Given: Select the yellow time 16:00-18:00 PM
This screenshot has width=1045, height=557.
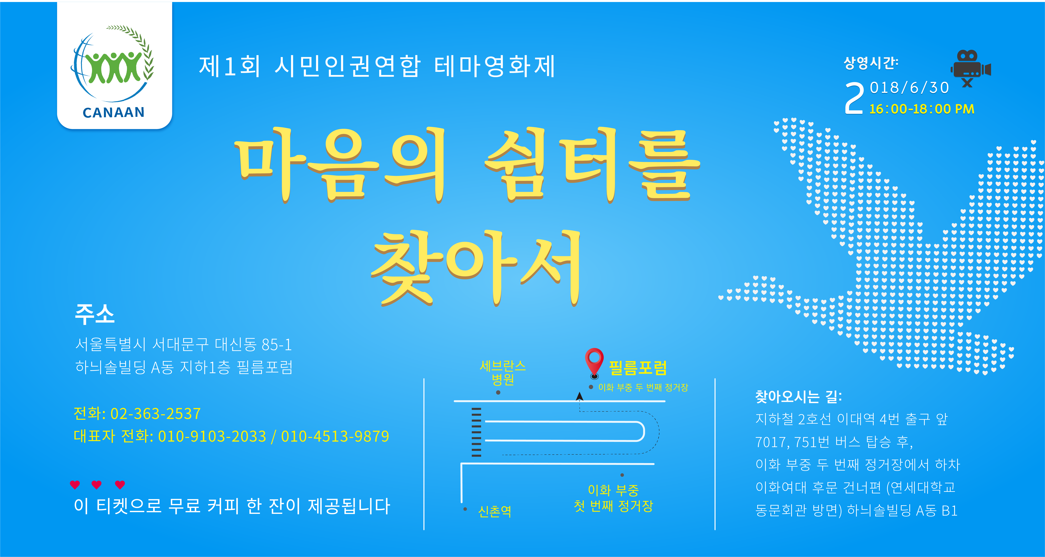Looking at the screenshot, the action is (922, 109).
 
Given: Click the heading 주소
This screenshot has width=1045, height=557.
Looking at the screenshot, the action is (95, 314).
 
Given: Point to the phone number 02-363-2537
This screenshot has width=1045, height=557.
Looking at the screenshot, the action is (155, 413).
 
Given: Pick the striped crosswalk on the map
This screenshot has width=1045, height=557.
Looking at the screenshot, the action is (476, 432).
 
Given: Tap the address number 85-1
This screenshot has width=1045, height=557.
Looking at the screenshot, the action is (277, 345).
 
